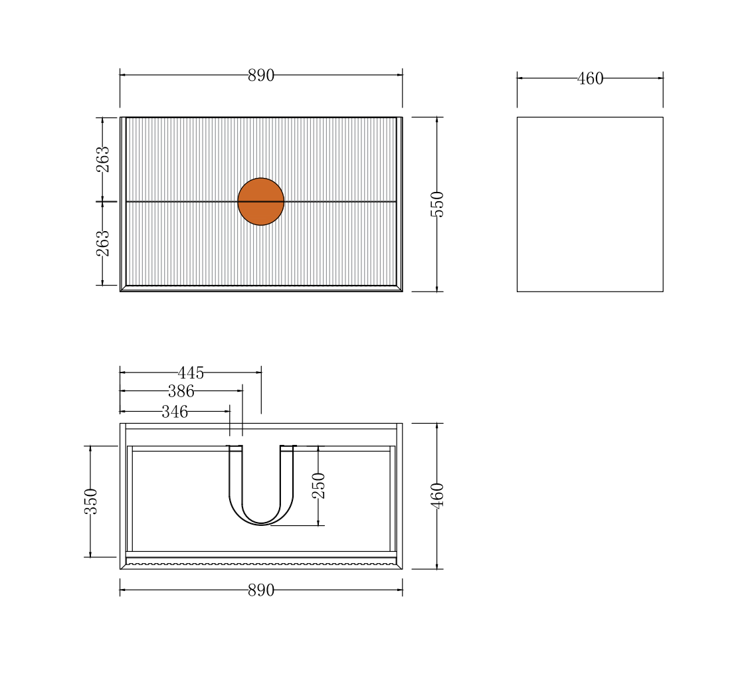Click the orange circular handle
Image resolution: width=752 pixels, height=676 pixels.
[261, 201]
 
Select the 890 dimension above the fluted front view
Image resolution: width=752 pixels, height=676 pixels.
[261, 76]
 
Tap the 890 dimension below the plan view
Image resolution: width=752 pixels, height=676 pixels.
[261, 590]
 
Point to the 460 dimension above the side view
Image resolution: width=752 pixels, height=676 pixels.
[590, 79]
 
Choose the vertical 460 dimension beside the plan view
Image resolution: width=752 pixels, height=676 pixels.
[436, 495]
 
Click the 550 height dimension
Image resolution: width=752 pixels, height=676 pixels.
[436, 204]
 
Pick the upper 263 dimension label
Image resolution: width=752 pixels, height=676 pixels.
[103, 159]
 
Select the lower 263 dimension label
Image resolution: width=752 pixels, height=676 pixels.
[103, 244]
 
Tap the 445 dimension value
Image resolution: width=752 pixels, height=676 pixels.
[191, 373]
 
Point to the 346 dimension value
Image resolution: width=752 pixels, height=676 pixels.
[175, 412]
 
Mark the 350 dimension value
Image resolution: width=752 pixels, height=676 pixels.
[91, 501]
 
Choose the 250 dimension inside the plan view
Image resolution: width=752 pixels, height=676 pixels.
[319, 485]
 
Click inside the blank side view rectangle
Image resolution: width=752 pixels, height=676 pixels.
[590, 204]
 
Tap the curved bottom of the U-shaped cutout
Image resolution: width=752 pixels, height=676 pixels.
[261, 524]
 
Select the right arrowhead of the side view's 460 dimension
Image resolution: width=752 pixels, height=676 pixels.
[660, 78]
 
